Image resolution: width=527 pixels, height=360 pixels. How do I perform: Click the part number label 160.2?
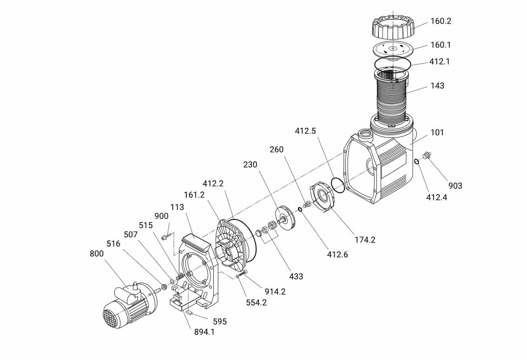coord(441,21)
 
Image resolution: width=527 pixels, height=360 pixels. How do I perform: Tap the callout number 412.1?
coord(439,61)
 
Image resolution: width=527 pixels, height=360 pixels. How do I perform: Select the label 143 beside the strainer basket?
coord(437,85)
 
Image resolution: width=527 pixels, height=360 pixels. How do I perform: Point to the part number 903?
coord(455,185)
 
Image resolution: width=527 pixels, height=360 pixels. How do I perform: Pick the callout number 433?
coord(296,276)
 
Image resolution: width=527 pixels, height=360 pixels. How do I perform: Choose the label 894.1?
coord(204,332)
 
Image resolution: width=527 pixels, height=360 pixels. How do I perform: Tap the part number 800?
coord(97,254)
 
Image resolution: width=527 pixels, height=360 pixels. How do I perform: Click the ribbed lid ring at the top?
coord(393,28)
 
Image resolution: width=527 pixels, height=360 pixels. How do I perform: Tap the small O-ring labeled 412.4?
coord(417,162)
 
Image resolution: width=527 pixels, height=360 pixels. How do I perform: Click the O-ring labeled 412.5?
coord(338,184)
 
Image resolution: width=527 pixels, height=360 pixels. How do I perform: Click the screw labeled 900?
coord(166,237)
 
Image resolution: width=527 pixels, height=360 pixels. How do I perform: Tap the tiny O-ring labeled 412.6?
coord(300,210)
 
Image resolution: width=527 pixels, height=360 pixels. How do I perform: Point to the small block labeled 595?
coord(190,314)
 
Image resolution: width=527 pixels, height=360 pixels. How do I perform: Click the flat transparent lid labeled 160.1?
coord(393,49)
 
